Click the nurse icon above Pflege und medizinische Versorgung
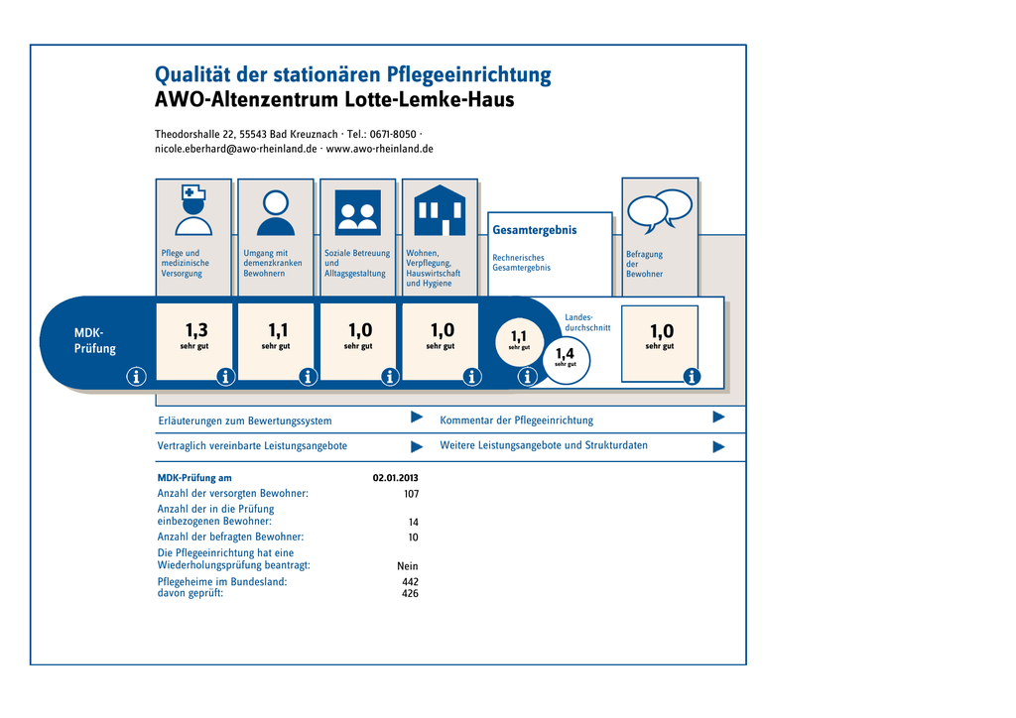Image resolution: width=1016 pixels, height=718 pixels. tap(193, 210)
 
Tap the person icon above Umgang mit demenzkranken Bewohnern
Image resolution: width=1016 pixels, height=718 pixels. tap(276, 213)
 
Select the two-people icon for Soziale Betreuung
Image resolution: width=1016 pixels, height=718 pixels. tap(357, 213)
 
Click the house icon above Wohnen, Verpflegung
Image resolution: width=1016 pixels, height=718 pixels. tap(440, 210)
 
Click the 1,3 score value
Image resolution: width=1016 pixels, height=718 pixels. tap(196, 330)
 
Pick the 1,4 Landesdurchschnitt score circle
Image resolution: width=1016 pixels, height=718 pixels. tap(565, 359)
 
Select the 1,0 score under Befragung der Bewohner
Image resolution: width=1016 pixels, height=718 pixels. tap(662, 331)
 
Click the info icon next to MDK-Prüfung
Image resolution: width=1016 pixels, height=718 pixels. tap(136, 376)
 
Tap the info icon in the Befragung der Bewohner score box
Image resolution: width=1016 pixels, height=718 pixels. tap(692, 376)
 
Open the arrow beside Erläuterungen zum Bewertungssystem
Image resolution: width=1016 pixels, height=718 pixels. tap(417, 417)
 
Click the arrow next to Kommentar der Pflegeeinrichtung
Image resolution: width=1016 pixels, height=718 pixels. tap(718, 417)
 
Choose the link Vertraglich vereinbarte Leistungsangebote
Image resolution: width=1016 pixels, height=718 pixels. tap(252, 446)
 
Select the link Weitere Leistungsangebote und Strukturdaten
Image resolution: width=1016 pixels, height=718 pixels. tap(544, 445)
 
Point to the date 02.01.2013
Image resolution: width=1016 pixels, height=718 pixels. tap(395, 478)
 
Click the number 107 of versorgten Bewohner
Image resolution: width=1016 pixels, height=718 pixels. tap(411, 494)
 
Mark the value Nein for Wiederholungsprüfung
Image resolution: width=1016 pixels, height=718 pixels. tap(408, 566)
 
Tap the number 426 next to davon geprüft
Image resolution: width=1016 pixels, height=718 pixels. tap(410, 594)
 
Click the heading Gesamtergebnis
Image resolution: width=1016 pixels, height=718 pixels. tap(535, 230)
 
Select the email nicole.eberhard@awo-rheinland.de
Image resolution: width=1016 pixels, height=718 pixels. tap(236, 149)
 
